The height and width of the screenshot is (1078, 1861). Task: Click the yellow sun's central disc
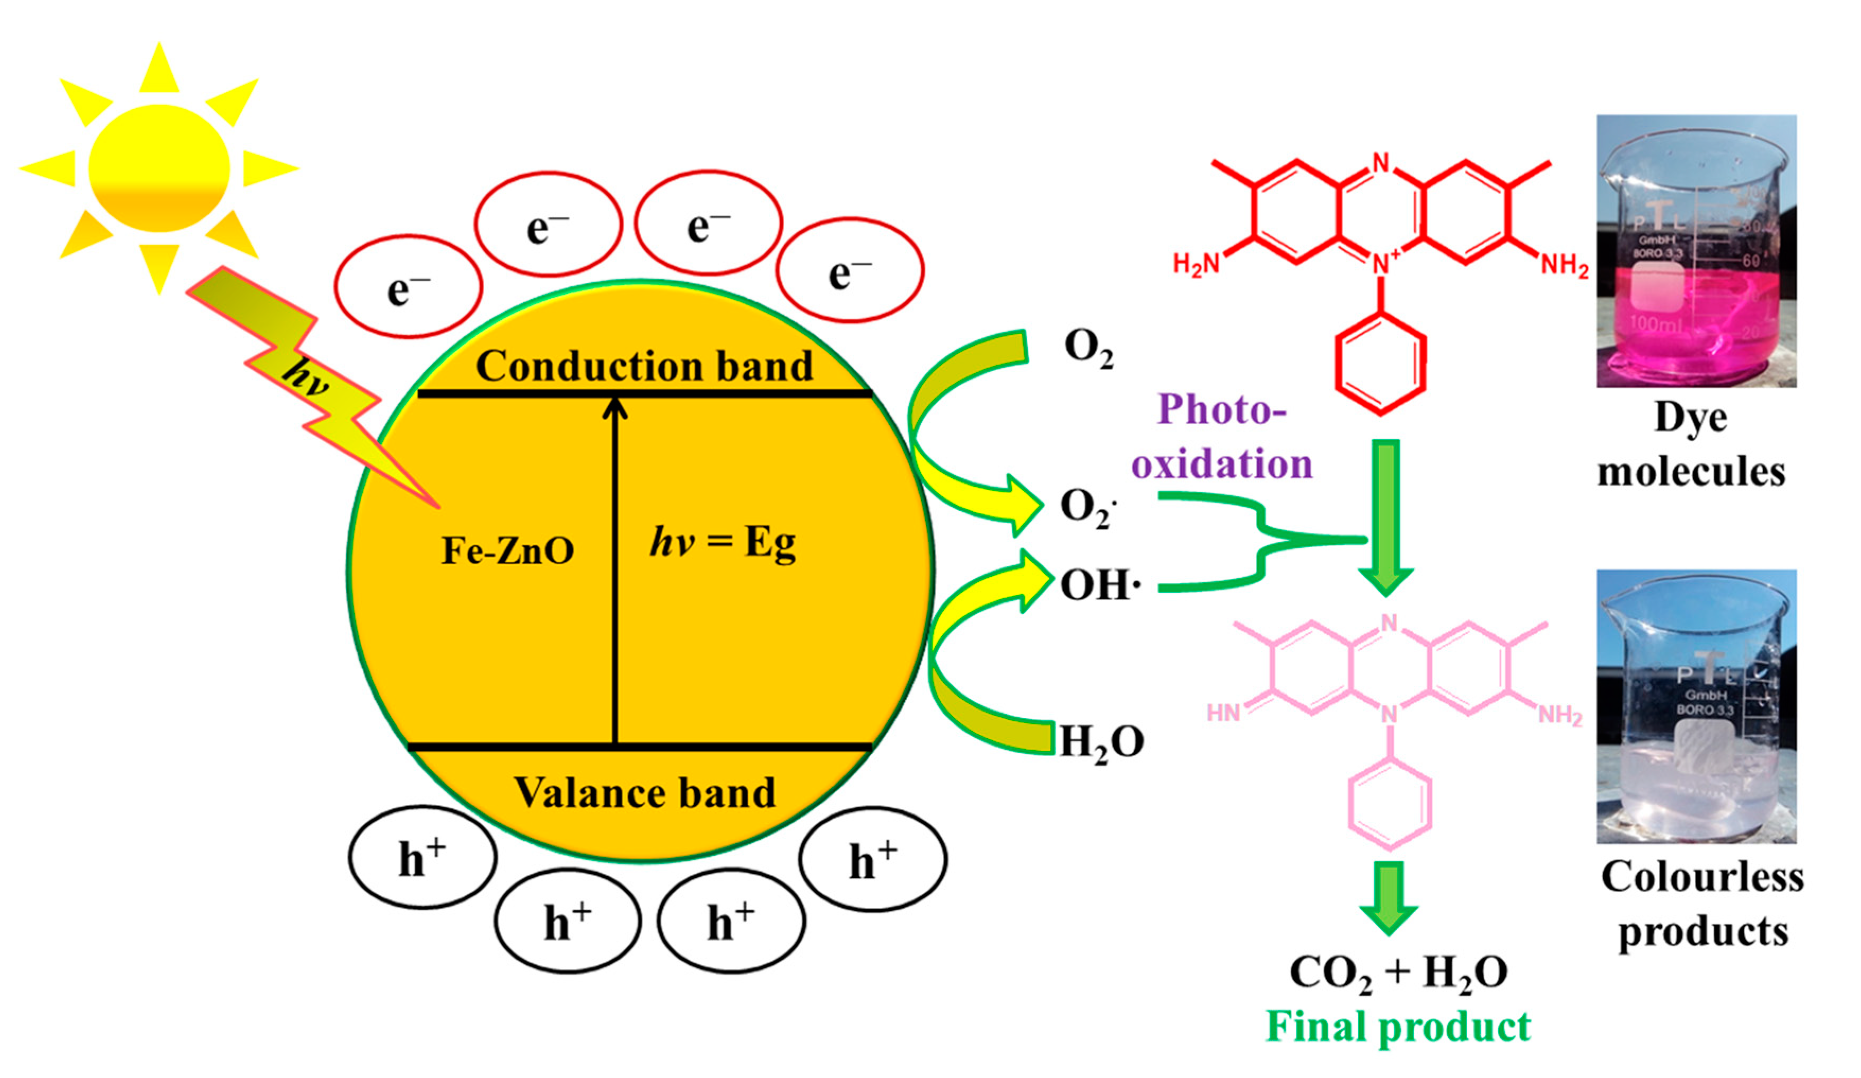point(159,168)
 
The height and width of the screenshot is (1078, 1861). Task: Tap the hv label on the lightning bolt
point(305,376)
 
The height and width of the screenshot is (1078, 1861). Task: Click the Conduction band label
point(644,366)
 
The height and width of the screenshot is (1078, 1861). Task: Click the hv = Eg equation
point(722,542)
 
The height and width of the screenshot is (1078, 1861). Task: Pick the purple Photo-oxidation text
point(1222,437)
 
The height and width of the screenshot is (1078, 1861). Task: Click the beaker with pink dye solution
point(1696,251)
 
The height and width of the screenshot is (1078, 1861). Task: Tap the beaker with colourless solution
point(1696,707)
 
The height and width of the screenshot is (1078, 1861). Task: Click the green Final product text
point(1398,1027)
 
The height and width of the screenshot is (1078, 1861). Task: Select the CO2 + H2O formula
point(1398,972)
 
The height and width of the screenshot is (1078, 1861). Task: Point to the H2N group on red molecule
point(1195,264)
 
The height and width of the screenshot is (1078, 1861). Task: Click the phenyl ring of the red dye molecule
point(1380,362)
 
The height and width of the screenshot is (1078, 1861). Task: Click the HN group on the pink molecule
point(1223,713)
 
